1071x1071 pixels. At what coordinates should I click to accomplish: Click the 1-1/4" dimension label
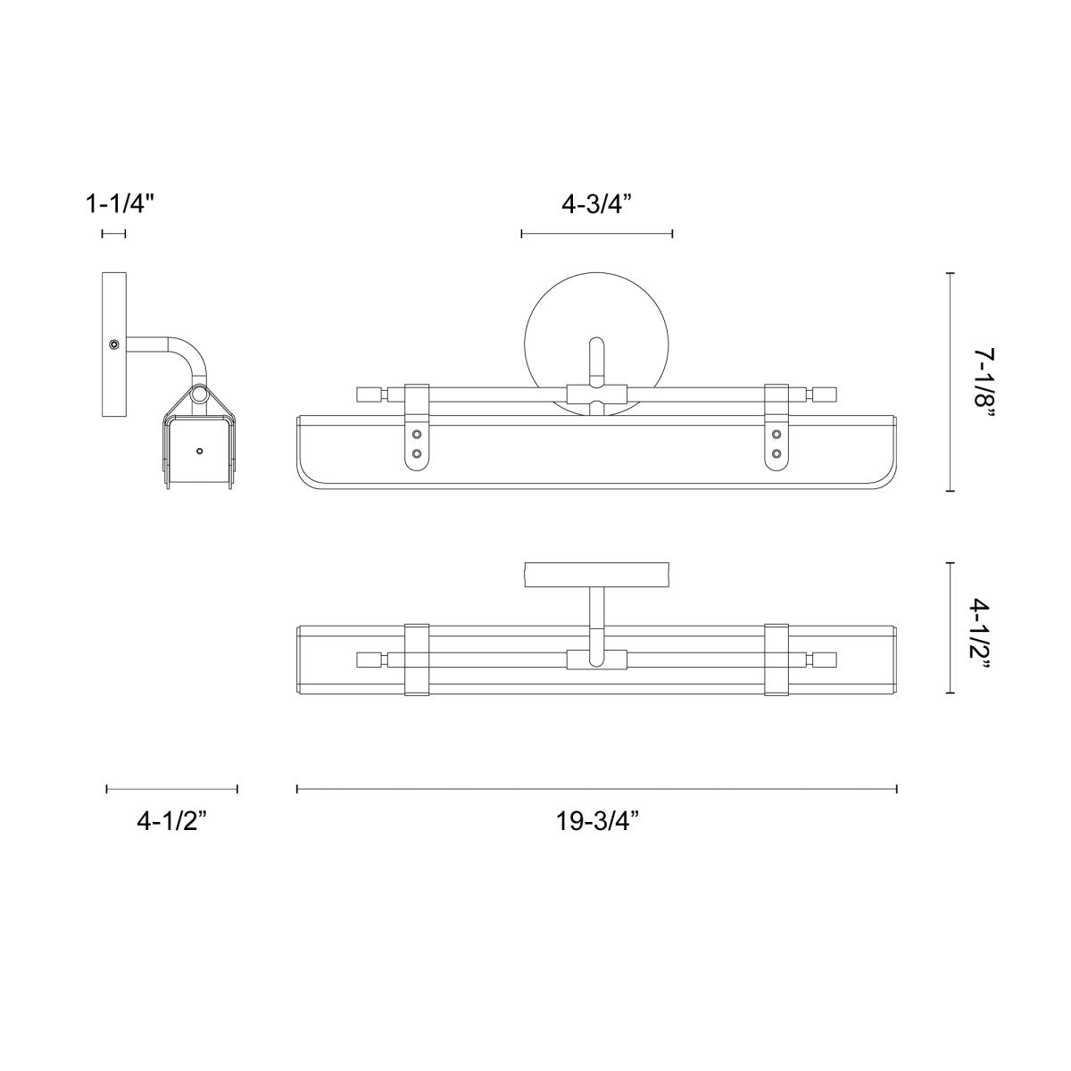tap(120, 204)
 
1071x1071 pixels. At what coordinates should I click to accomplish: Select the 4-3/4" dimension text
tap(596, 204)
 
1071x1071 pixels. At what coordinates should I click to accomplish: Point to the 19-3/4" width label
tap(596, 822)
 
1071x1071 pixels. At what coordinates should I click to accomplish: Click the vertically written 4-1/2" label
tap(984, 628)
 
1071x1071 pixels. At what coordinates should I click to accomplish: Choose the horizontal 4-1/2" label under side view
tap(171, 822)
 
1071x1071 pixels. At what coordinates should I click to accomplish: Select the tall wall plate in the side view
tap(113, 345)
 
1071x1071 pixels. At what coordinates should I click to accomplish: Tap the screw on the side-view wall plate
tap(113, 345)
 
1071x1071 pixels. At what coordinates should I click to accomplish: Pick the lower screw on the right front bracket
tap(776, 453)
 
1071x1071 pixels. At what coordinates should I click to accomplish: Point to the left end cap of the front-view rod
tap(368, 394)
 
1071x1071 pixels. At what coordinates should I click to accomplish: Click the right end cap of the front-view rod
tap(825, 394)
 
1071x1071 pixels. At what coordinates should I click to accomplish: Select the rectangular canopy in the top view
tap(596, 574)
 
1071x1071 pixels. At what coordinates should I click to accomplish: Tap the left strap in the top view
tap(417, 659)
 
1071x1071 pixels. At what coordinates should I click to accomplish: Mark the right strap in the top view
tap(776, 659)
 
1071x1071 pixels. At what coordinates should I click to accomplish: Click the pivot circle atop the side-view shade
tap(199, 395)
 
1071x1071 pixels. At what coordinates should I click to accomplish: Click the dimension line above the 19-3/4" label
tap(596, 788)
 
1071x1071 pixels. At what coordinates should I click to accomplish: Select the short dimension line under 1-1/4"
tap(113, 234)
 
